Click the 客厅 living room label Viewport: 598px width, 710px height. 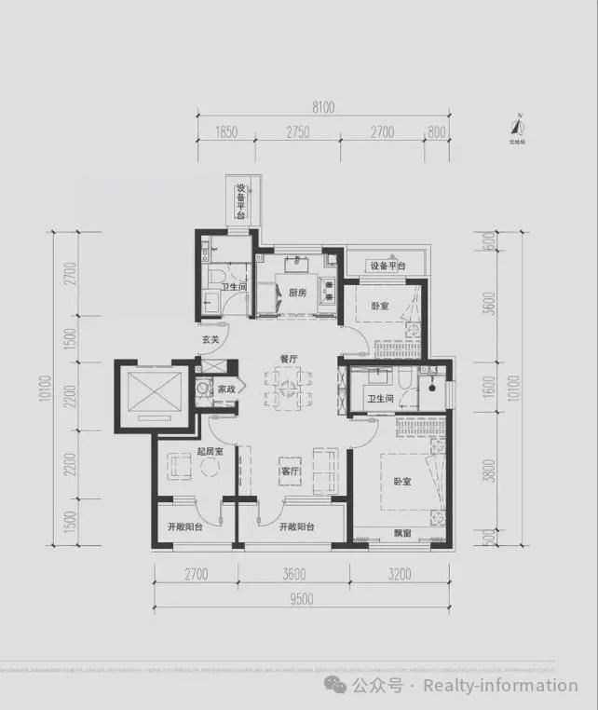pos(290,471)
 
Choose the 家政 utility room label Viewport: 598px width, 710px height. pos(225,389)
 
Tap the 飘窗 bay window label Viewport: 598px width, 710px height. pos(402,536)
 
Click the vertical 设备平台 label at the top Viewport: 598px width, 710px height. pos(240,199)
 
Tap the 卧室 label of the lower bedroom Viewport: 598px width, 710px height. pos(401,482)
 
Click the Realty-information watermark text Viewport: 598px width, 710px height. pos(500,686)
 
